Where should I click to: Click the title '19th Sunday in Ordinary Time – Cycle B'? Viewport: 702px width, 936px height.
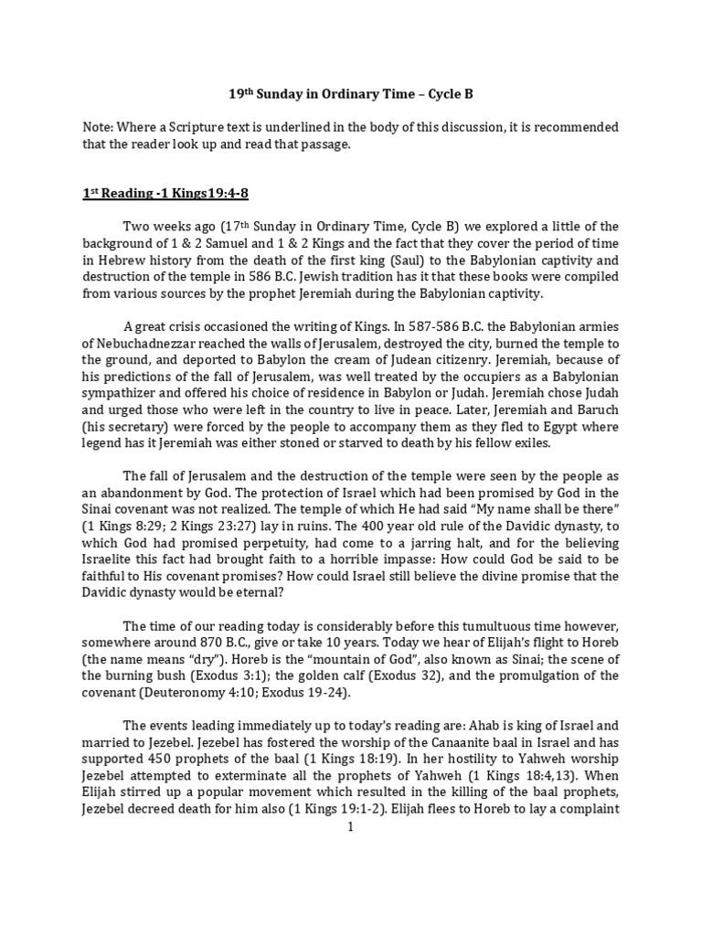350,93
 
